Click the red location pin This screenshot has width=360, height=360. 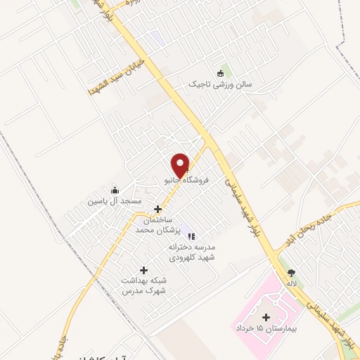(181, 165)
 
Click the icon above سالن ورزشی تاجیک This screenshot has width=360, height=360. (223, 73)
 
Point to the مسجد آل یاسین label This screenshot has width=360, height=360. (115, 201)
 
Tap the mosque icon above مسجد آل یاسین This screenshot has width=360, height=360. (115, 190)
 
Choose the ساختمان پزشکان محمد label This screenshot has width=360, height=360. (157, 225)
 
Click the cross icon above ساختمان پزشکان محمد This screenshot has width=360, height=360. (157, 209)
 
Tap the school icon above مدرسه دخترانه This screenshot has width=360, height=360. (192, 237)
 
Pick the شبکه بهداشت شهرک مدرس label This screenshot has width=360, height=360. (144, 286)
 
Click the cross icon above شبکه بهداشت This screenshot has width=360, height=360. (144, 270)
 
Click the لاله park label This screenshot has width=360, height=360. (290, 283)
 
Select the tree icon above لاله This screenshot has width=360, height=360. (291, 273)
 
